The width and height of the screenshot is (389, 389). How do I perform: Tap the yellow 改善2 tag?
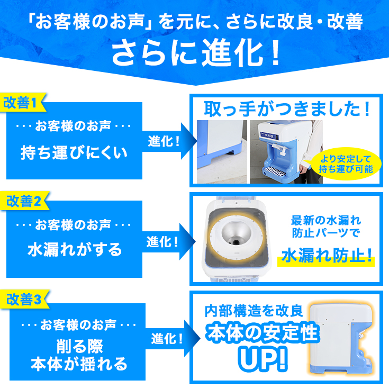click(x=24, y=201)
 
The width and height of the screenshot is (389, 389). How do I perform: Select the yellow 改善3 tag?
click(x=24, y=300)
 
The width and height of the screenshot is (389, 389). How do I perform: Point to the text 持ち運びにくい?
click(x=74, y=153)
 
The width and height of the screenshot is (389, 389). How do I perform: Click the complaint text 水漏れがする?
click(x=74, y=249)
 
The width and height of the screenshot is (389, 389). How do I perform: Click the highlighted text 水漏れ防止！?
click(x=327, y=256)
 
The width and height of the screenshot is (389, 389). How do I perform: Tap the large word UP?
click(x=263, y=359)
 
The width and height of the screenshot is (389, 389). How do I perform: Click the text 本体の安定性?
click(x=263, y=333)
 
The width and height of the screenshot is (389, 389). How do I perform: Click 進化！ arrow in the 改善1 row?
click(x=165, y=142)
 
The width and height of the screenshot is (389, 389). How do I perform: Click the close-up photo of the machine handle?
click(x=221, y=151)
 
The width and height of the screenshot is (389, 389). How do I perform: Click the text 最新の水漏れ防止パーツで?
click(x=326, y=226)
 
